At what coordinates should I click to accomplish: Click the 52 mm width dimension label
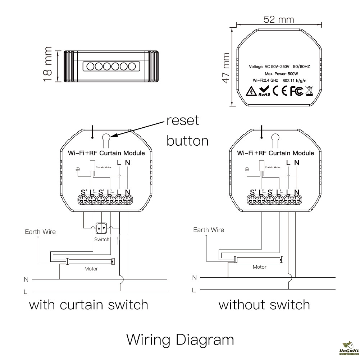click(x=279, y=19)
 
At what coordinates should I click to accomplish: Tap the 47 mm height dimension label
click(x=225, y=68)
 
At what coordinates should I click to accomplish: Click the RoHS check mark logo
click(x=264, y=91)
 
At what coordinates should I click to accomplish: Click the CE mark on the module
click(x=281, y=91)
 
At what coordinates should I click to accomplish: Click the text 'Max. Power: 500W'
click(x=279, y=73)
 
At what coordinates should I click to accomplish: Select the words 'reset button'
click(x=187, y=130)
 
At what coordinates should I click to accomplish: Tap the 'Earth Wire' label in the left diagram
click(x=40, y=232)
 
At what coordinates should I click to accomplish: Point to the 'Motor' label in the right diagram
click(x=259, y=267)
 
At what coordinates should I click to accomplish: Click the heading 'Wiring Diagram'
click(x=180, y=340)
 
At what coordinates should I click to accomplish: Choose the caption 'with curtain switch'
click(x=88, y=305)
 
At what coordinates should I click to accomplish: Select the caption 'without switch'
click(x=264, y=305)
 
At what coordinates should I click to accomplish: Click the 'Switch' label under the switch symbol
click(x=101, y=240)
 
